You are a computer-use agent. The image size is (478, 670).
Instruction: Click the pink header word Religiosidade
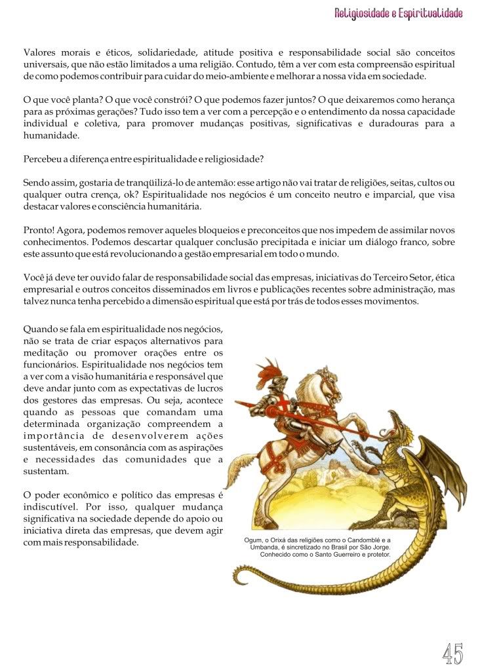(362, 14)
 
